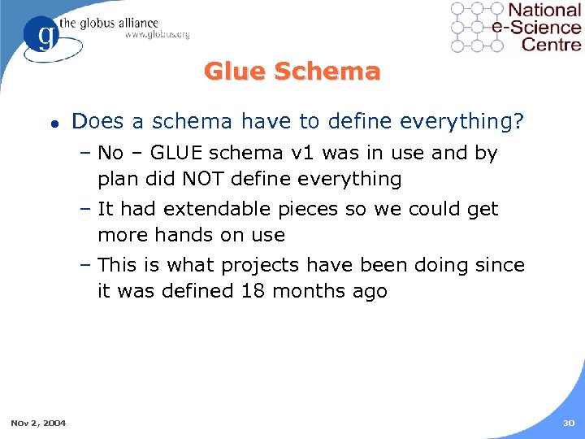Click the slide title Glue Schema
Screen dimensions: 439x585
coord(292,72)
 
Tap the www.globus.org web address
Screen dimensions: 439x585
coord(157,34)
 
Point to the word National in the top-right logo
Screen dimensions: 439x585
coord(544,11)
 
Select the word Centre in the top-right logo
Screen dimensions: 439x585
coord(552,44)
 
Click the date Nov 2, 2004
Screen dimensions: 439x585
coord(38,422)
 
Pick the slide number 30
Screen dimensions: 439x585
coord(567,422)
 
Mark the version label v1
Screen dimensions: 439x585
coord(311,153)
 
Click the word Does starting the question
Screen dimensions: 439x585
coord(97,122)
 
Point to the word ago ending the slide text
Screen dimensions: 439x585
coord(370,291)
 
